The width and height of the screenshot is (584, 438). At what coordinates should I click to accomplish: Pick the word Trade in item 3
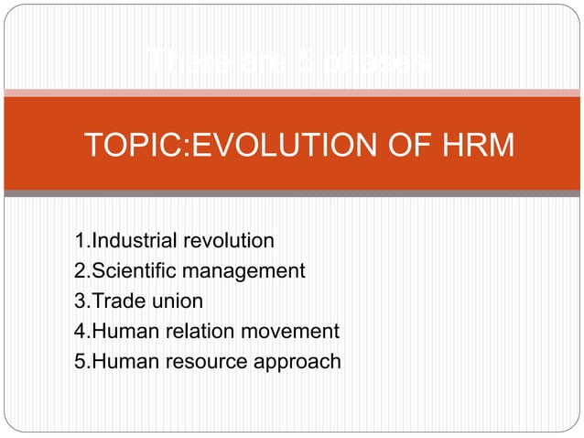[x=114, y=301]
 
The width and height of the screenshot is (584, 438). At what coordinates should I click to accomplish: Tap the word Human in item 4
[x=119, y=332]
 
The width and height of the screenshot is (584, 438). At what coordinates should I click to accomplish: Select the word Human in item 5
[x=119, y=362]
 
